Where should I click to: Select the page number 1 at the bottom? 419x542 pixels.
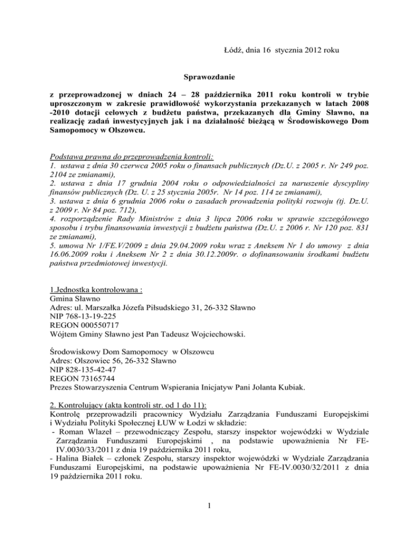click(209, 525)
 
